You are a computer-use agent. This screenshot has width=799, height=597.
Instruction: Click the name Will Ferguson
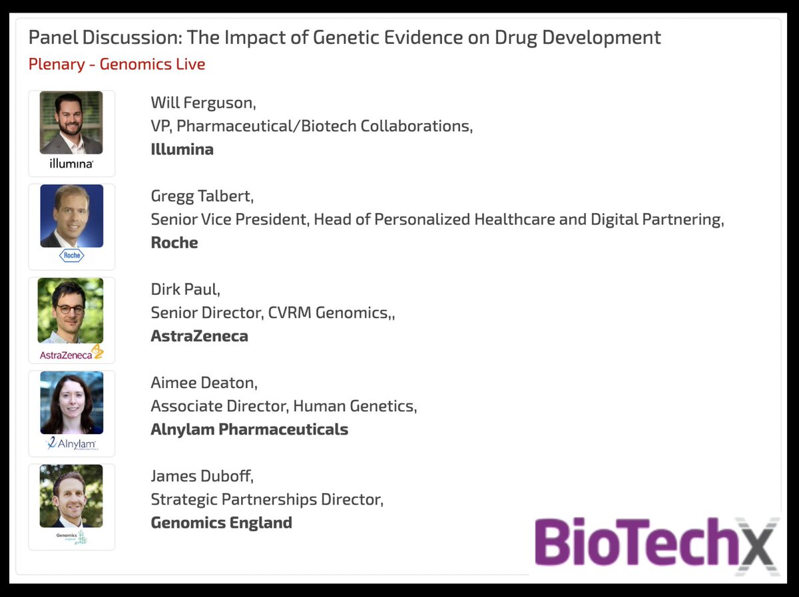click(202, 103)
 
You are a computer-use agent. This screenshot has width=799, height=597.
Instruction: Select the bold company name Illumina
click(182, 149)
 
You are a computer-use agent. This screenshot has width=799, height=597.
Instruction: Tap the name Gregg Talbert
click(202, 197)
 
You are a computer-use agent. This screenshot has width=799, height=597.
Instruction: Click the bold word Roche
click(174, 242)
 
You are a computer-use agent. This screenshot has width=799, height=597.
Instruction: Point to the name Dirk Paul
click(184, 290)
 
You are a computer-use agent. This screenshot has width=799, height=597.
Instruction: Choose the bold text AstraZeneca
click(199, 335)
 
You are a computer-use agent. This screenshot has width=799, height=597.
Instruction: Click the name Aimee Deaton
click(204, 383)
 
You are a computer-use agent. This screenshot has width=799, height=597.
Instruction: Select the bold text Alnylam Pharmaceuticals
click(249, 429)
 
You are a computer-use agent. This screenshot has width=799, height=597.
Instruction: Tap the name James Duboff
click(202, 477)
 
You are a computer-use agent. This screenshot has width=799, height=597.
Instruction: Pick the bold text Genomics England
click(221, 522)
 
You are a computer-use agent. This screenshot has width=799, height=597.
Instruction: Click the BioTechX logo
click(656, 543)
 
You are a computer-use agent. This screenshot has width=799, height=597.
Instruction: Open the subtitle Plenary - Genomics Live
click(117, 65)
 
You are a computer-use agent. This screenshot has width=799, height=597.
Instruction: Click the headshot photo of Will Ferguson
click(71, 122)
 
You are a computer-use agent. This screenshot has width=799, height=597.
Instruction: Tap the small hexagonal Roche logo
click(71, 256)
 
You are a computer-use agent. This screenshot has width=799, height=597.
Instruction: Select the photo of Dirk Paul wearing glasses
click(71, 310)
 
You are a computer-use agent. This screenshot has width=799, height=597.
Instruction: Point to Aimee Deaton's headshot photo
click(71, 403)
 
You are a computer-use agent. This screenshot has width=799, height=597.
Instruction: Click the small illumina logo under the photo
click(71, 163)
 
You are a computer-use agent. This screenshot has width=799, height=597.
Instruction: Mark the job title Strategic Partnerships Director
click(266, 499)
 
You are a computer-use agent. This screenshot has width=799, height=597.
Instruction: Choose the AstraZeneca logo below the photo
click(71, 354)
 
